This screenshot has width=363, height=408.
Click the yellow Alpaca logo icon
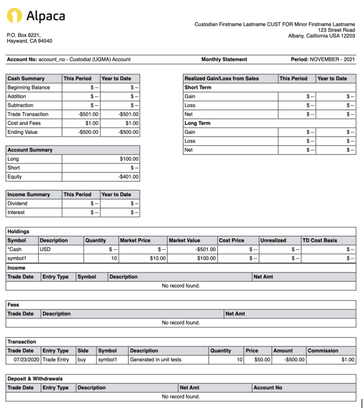pos(14,15)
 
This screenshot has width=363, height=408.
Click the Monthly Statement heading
pos(224,59)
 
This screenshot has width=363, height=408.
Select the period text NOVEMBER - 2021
pos(332,59)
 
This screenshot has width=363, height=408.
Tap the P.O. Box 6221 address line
pos(24,35)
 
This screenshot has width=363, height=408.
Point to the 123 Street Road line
pos(336,30)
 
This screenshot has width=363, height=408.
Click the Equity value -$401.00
pos(128,177)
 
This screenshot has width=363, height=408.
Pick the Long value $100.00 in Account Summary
pos(129,159)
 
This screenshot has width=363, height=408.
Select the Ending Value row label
pos(22,132)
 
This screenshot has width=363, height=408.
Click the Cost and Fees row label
pos(24,123)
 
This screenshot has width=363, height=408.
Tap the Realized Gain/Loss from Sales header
pos(221,79)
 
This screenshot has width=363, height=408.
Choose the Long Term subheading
pos(197,123)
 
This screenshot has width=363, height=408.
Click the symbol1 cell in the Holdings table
pos(16,258)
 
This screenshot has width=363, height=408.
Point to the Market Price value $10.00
pos(158,258)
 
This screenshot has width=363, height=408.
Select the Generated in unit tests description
pos(156,360)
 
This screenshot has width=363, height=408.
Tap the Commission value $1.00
pos(348,360)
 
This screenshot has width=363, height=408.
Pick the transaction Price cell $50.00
pos(262,360)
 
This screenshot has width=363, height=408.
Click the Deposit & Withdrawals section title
pos(35,379)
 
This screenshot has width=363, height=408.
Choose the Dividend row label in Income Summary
pos(17,204)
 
